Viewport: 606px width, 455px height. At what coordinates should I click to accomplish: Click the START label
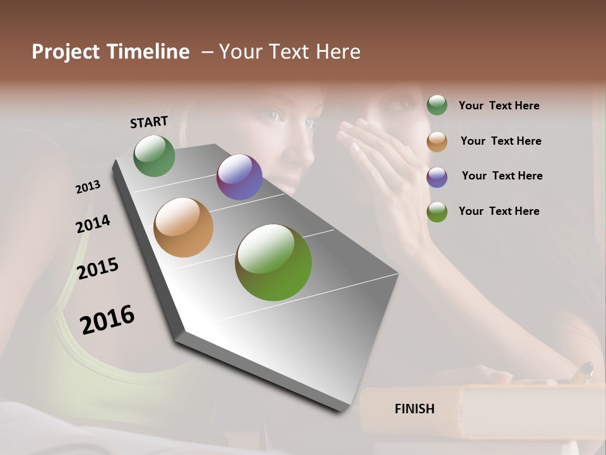pyautogui.click(x=149, y=122)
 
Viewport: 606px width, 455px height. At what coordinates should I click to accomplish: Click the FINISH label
pyautogui.click(x=415, y=409)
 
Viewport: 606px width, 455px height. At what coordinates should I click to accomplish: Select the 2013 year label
pyautogui.click(x=88, y=187)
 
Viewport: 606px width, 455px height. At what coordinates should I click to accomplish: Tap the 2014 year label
pyautogui.click(x=93, y=224)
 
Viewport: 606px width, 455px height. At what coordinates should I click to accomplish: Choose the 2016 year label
pyautogui.click(x=107, y=319)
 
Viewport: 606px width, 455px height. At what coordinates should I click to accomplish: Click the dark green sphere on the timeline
pyautogui.click(x=154, y=155)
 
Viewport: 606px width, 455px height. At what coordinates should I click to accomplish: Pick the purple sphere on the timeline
pyautogui.click(x=239, y=177)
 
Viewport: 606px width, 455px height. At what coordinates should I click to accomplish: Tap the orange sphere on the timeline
pyautogui.click(x=183, y=227)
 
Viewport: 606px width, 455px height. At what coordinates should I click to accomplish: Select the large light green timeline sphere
pyautogui.click(x=273, y=262)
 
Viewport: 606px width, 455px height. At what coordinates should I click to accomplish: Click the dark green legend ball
pyautogui.click(x=437, y=105)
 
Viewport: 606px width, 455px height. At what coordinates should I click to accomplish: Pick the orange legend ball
pyautogui.click(x=437, y=142)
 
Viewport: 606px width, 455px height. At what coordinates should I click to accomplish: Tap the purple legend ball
pyautogui.click(x=437, y=177)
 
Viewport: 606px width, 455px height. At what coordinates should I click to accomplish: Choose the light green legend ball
pyautogui.click(x=437, y=212)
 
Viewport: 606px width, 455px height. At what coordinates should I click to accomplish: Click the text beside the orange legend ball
pyautogui.click(x=501, y=141)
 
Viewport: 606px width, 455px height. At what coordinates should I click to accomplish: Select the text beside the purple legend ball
pyautogui.click(x=502, y=176)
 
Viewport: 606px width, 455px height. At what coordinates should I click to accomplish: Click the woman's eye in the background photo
pyautogui.click(x=273, y=116)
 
